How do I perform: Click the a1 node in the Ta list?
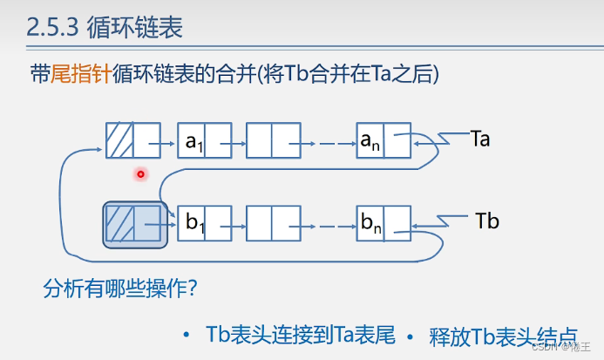click(204, 139)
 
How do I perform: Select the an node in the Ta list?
click(383, 139)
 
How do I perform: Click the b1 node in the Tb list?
click(204, 222)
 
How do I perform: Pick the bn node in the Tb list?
click(383, 222)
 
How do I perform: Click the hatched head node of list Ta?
click(132, 139)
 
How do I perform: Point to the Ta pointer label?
click(479, 139)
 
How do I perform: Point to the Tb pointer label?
click(487, 221)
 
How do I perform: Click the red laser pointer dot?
click(139, 175)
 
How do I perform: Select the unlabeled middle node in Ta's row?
click(274, 139)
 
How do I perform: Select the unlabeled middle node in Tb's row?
click(274, 222)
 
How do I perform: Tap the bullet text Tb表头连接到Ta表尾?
click(301, 336)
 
